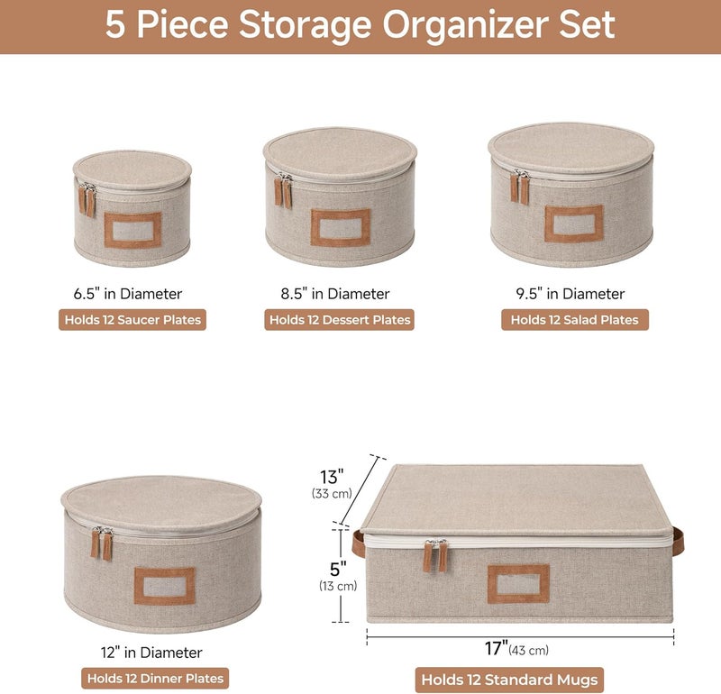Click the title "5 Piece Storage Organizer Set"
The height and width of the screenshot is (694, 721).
pyautogui.click(x=360, y=25)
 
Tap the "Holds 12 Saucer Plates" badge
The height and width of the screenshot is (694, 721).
pyautogui.click(x=132, y=320)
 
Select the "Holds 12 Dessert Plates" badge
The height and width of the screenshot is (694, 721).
pyautogui.click(x=339, y=320)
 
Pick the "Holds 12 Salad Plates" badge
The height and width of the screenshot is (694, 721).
pyautogui.click(x=574, y=320)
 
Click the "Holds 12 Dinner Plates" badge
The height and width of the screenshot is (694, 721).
pyautogui.click(x=154, y=679)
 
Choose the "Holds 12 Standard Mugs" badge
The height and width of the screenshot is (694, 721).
pyautogui.click(x=509, y=680)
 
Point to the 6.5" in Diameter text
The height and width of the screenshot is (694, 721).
pyautogui.click(x=128, y=294)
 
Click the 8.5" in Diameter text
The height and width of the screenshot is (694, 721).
pyautogui.click(x=334, y=294)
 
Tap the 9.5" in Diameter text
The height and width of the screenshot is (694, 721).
pyautogui.click(x=570, y=294)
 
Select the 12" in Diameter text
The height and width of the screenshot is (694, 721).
pyautogui.click(x=151, y=653)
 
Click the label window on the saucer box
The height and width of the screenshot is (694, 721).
pyautogui.click(x=132, y=230)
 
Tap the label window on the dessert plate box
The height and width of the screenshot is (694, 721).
pyautogui.click(x=341, y=227)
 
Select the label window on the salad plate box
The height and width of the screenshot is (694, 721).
pyautogui.click(x=573, y=224)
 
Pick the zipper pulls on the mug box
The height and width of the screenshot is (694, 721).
pyautogui.click(x=434, y=555)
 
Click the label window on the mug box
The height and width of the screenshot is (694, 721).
pyautogui.click(x=518, y=583)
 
